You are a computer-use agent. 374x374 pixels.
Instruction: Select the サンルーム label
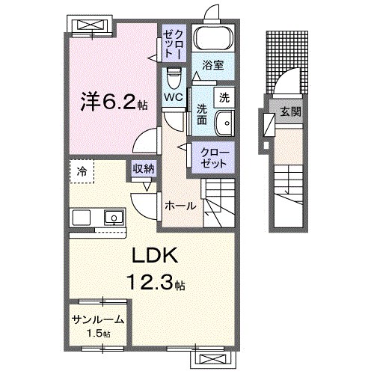(97, 319)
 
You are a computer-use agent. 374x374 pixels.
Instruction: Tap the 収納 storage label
(144, 169)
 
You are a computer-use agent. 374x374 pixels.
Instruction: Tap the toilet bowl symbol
(174, 76)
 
